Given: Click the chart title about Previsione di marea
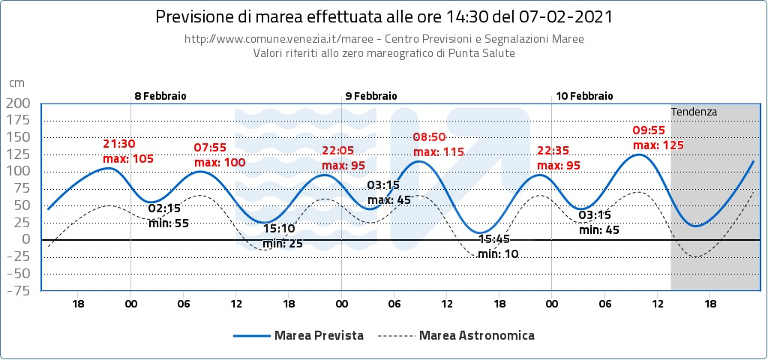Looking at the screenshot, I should [383, 16].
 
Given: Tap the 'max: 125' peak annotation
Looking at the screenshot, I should [658, 145].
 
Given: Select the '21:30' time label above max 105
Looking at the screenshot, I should [119, 144].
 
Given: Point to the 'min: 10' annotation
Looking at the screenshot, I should [498, 254].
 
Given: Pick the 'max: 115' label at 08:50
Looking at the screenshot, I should [439, 151].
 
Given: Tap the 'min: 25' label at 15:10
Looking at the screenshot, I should [283, 243].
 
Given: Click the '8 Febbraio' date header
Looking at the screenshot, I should [160, 96].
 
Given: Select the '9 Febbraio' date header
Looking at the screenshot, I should [371, 96].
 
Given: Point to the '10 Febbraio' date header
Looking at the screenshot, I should [584, 96].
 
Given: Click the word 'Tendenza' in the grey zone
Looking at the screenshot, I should [694, 112].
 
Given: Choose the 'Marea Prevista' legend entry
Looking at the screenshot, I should [319, 335].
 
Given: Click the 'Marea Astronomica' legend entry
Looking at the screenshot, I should [477, 335].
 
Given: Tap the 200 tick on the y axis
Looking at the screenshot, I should [19, 103].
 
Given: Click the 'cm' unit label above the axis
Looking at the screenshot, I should [16, 83].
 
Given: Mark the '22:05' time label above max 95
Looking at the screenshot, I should [337, 151].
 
